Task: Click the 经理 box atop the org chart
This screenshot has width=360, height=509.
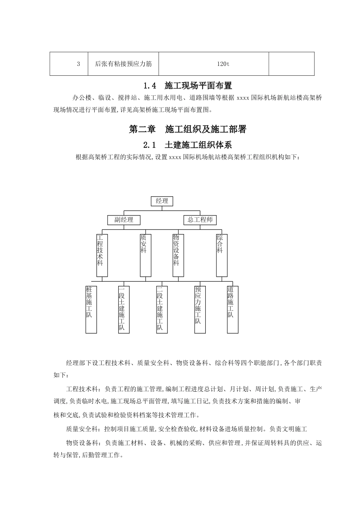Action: pyautogui.click(x=162, y=201)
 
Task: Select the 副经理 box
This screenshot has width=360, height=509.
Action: pyautogui.click(x=124, y=220)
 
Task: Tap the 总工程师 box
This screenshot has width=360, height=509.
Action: pyautogui.click(x=200, y=220)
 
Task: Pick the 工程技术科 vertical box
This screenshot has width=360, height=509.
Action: pyautogui.click(x=100, y=254)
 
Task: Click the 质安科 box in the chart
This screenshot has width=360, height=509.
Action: pyautogui.click(x=146, y=254)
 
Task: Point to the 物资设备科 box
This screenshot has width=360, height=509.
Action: pyautogui.click(x=176, y=254)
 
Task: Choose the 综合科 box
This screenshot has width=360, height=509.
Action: pyautogui.click(x=222, y=254)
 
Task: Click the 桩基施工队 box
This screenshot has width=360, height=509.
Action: pyautogui.click(x=91, y=309)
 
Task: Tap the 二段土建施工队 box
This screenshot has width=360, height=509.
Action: pyautogui.click(x=162, y=309)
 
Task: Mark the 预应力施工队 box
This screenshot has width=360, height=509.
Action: pyautogui.click(x=200, y=309)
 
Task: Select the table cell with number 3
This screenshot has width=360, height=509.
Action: pyautogui.click(x=78, y=64)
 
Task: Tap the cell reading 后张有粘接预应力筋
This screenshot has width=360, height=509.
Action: pyautogui.click(x=123, y=64)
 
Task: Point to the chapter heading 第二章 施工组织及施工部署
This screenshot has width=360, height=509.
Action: pyautogui.click(x=188, y=129)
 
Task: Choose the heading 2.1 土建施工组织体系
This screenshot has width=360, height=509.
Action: pyautogui.click(x=188, y=145)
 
